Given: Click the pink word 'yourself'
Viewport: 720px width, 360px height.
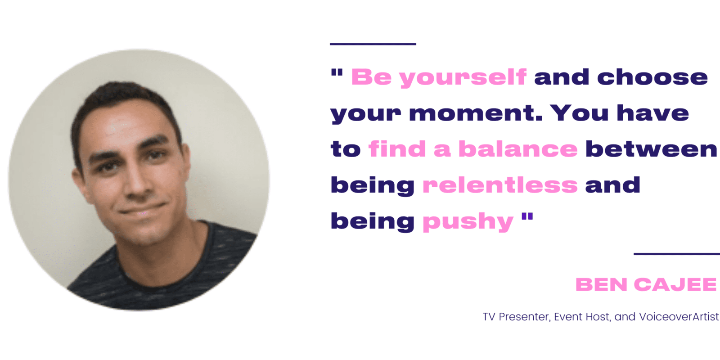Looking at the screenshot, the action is tap(463, 78).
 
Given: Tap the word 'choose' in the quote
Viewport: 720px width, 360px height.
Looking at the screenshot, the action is tap(652, 77).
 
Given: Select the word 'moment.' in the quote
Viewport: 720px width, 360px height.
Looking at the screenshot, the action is tap(476, 113).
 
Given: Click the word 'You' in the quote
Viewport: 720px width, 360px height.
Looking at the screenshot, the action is tap(580, 113).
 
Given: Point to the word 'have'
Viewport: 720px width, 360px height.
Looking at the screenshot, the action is tap(653, 113).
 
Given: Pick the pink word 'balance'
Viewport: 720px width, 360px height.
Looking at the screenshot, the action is tap(518, 149).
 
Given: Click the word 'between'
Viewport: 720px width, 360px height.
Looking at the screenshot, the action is tap(651, 149).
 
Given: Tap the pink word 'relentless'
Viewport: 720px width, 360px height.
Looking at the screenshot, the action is tap(500, 185).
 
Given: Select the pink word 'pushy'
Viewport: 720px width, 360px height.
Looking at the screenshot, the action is tap(468, 222).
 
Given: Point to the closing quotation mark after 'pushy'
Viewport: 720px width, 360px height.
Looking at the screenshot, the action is tap(527, 216).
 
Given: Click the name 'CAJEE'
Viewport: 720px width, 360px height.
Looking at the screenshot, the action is tap(675, 284).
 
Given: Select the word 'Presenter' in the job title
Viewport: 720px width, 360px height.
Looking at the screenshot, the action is tap(525, 317).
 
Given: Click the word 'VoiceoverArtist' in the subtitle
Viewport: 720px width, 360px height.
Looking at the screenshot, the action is tap(679, 317).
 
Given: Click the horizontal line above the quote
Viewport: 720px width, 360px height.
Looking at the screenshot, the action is tap(373, 44).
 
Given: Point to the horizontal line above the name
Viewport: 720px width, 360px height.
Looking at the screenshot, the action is tap(677, 254).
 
